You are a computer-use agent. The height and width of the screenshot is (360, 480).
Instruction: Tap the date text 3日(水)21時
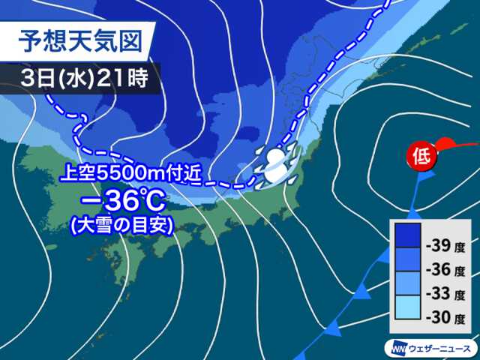pyautogui.click(x=84, y=77)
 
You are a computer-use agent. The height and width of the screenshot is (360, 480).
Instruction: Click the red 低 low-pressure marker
pyautogui.click(x=420, y=157)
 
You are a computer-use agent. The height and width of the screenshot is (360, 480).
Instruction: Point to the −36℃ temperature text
pyautogui.click(x=121, y=202)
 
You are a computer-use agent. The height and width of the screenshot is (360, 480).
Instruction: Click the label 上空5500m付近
pyautogui.click(x=120, y=176)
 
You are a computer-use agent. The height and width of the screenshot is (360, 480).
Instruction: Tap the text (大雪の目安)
pyautogui.click(x=121, y=225)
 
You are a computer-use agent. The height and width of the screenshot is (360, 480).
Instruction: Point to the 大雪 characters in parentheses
pyautogui.click(x=94, y=225)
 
